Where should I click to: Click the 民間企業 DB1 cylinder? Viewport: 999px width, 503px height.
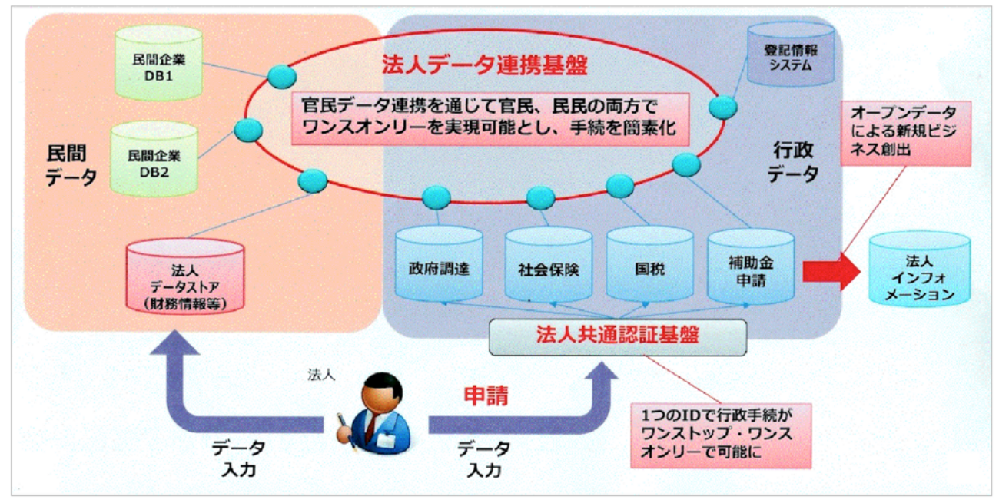159,62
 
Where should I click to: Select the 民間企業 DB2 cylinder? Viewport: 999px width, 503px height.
154,159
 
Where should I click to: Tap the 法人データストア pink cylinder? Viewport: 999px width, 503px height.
185,276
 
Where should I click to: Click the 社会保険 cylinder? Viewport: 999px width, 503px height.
549,265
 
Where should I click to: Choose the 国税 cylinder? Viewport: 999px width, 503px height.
650,265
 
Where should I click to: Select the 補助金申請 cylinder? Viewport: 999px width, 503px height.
751,266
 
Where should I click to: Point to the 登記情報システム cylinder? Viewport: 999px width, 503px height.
791,54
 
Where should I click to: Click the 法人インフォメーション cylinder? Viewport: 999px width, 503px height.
919,270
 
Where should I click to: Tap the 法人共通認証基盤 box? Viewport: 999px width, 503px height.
618,337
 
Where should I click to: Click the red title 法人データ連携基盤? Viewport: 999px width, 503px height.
484,65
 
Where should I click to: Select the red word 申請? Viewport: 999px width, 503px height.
486,395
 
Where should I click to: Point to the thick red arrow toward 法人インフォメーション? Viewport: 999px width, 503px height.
831,271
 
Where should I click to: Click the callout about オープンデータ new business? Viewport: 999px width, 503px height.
906,133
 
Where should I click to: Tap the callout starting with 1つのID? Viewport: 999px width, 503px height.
721,435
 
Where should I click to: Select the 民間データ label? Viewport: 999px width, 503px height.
71,165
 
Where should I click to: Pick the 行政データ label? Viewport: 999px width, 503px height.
792,162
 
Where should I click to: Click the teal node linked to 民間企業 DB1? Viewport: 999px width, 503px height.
282,76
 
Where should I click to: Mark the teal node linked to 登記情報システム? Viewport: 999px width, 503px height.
723,107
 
